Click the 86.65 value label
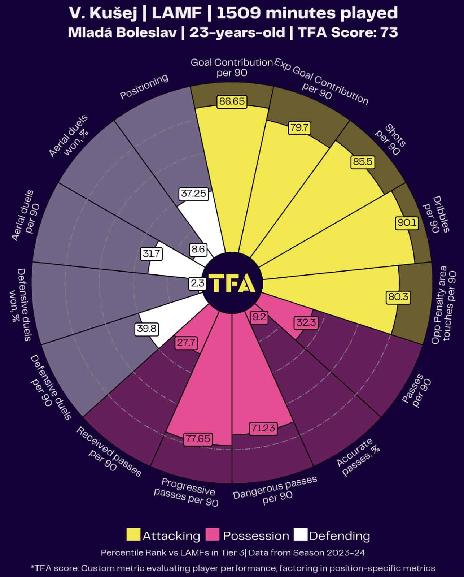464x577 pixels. click(232, 101)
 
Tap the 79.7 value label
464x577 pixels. click(299, 128)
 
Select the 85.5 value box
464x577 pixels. click(362, 161)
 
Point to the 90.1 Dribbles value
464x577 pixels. click(407, 223)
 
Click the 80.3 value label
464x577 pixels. click(398, 297)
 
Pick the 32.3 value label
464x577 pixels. click(306, 322)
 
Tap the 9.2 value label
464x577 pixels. click(259, 317)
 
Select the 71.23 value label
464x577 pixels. click(264, 428)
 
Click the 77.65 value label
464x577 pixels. click(198, 439)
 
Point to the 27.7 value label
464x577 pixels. click(186, 342)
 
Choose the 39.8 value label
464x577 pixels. click(147, 329)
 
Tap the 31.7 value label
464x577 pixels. click(151, 254)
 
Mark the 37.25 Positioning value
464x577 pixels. click(194, 194)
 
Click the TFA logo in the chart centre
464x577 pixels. click(232, 283)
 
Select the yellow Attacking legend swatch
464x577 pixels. click(133, 535)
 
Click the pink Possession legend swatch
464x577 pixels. click(212, 535)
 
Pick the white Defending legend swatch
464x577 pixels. click(301, 535)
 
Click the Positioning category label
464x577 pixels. click(144, 87)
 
